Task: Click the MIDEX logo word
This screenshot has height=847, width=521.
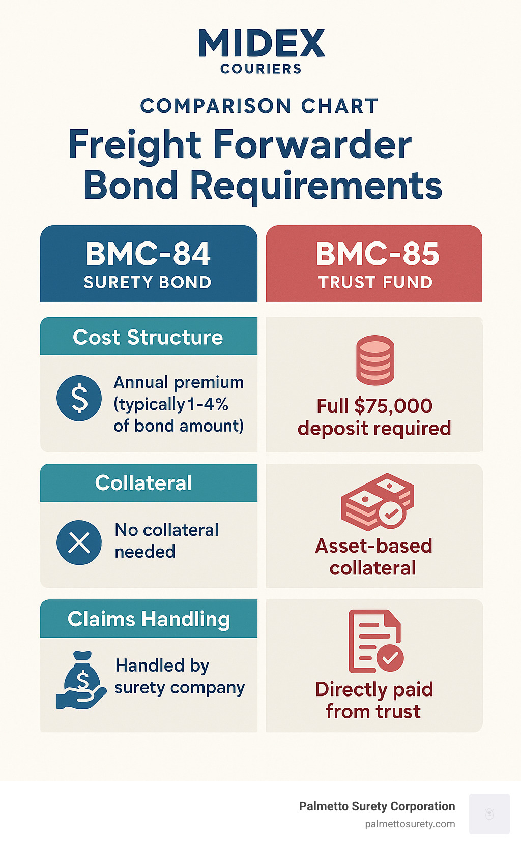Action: pyautogui.click(x=261, y=44)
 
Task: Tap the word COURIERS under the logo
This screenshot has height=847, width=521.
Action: pyautogui.click(x=261, y=69)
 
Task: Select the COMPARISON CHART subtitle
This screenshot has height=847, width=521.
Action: pyautogui.click(x=259, y=106)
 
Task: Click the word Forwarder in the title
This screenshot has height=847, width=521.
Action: pyautogui.click(x=312, y=145)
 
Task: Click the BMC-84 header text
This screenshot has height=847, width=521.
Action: pyautogui.click(x=148, y=254)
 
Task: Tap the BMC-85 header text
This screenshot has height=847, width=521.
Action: pyautogui.click(x=377, y=254)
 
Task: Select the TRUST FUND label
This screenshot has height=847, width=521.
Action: pyautogui.click(x=375, y=283)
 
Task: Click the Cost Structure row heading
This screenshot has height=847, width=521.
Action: pyautogui.click(x=148, y=337)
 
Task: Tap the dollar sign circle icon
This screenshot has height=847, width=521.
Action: pyautogui.click(x=79, y=398)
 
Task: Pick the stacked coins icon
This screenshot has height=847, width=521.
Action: pyautogui.click(x=375, y=360)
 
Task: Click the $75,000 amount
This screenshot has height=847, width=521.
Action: pyautogui.click(x=393, y=406)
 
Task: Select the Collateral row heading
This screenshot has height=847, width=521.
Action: pyautogui.click(x=143, y=483)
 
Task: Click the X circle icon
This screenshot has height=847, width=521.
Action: pyautogui.click(x=79, y=542)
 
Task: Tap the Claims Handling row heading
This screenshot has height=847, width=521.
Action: pyautogui.click(x=149, y=619)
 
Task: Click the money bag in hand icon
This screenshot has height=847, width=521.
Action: pyautogui.click(x=81, y=680)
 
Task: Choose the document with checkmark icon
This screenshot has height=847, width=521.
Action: pyautogui.click(x=375, y=641)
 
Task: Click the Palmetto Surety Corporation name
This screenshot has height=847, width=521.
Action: pyautogui.click(x=377, y=806)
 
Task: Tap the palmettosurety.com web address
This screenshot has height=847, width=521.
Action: pyautogui.click(x=410, y=824)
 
